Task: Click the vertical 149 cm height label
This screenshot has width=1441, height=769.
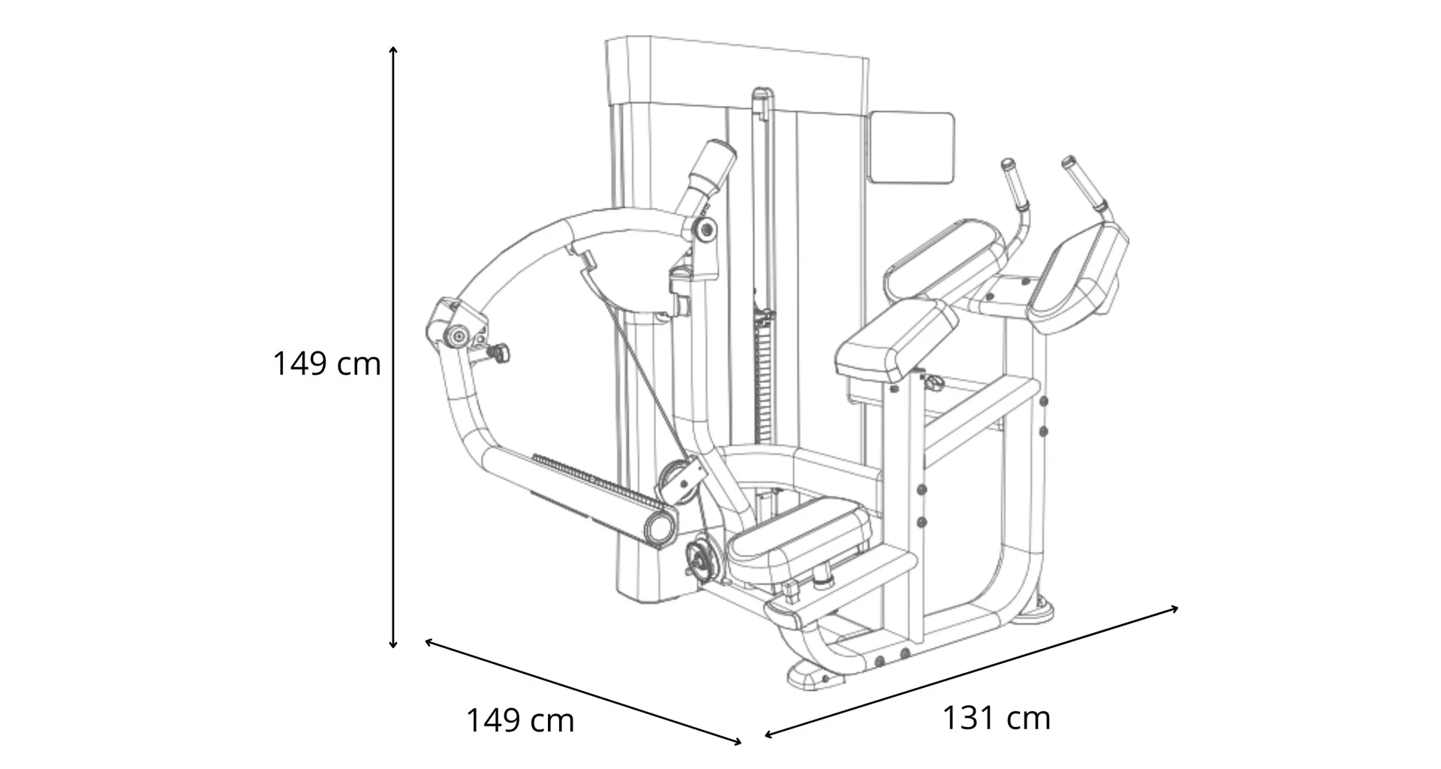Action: [326, 364]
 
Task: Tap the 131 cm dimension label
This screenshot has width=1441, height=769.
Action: [996, 719]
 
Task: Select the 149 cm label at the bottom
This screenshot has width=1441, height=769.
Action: [520, 721]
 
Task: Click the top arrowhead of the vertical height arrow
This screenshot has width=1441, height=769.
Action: [393, 50]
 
